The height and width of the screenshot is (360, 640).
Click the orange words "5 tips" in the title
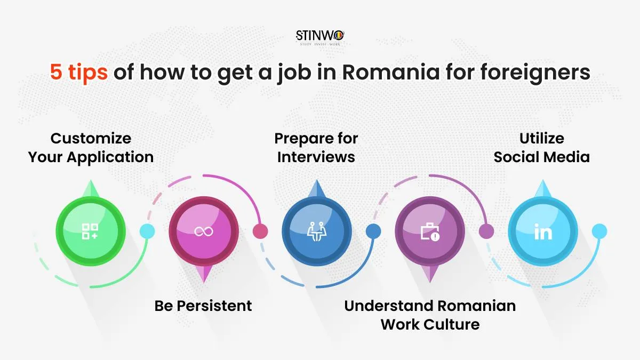point(79,71)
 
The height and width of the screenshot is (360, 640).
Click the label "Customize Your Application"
point(91,148)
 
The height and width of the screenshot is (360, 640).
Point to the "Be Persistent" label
point(203,306)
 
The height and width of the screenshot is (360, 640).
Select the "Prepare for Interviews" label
point(316,148)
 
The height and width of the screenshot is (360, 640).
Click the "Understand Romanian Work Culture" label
point(430,315)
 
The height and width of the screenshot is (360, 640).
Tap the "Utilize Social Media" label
point(542,148)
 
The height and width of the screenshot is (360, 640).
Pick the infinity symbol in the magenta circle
point(203,231)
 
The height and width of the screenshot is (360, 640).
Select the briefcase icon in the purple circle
point(430,232)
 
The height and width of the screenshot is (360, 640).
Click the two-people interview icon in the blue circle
point(316,231)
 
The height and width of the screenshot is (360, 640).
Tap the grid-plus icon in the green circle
point(90,231)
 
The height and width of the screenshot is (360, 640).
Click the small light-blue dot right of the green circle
point(147,231)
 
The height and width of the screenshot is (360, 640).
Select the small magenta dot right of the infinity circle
point(260,231)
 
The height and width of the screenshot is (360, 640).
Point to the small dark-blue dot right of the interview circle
point(373,231)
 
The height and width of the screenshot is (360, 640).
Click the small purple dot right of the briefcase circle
point(486,231)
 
